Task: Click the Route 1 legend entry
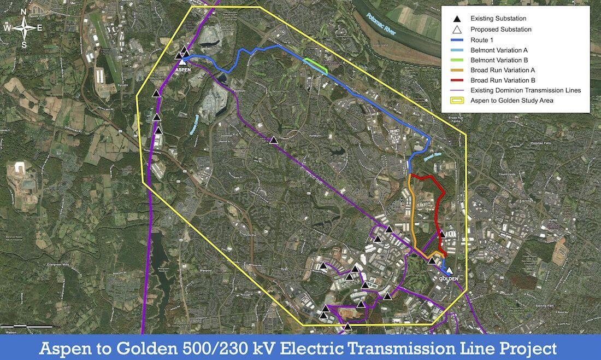tap(481, 40)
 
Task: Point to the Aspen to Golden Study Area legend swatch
tap(456, 101)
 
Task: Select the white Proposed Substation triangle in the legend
tap(456, 30)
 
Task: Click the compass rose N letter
tap(24, 12)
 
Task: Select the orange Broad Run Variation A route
tap(411, 213)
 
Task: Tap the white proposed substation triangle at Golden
tap(449, 270)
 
